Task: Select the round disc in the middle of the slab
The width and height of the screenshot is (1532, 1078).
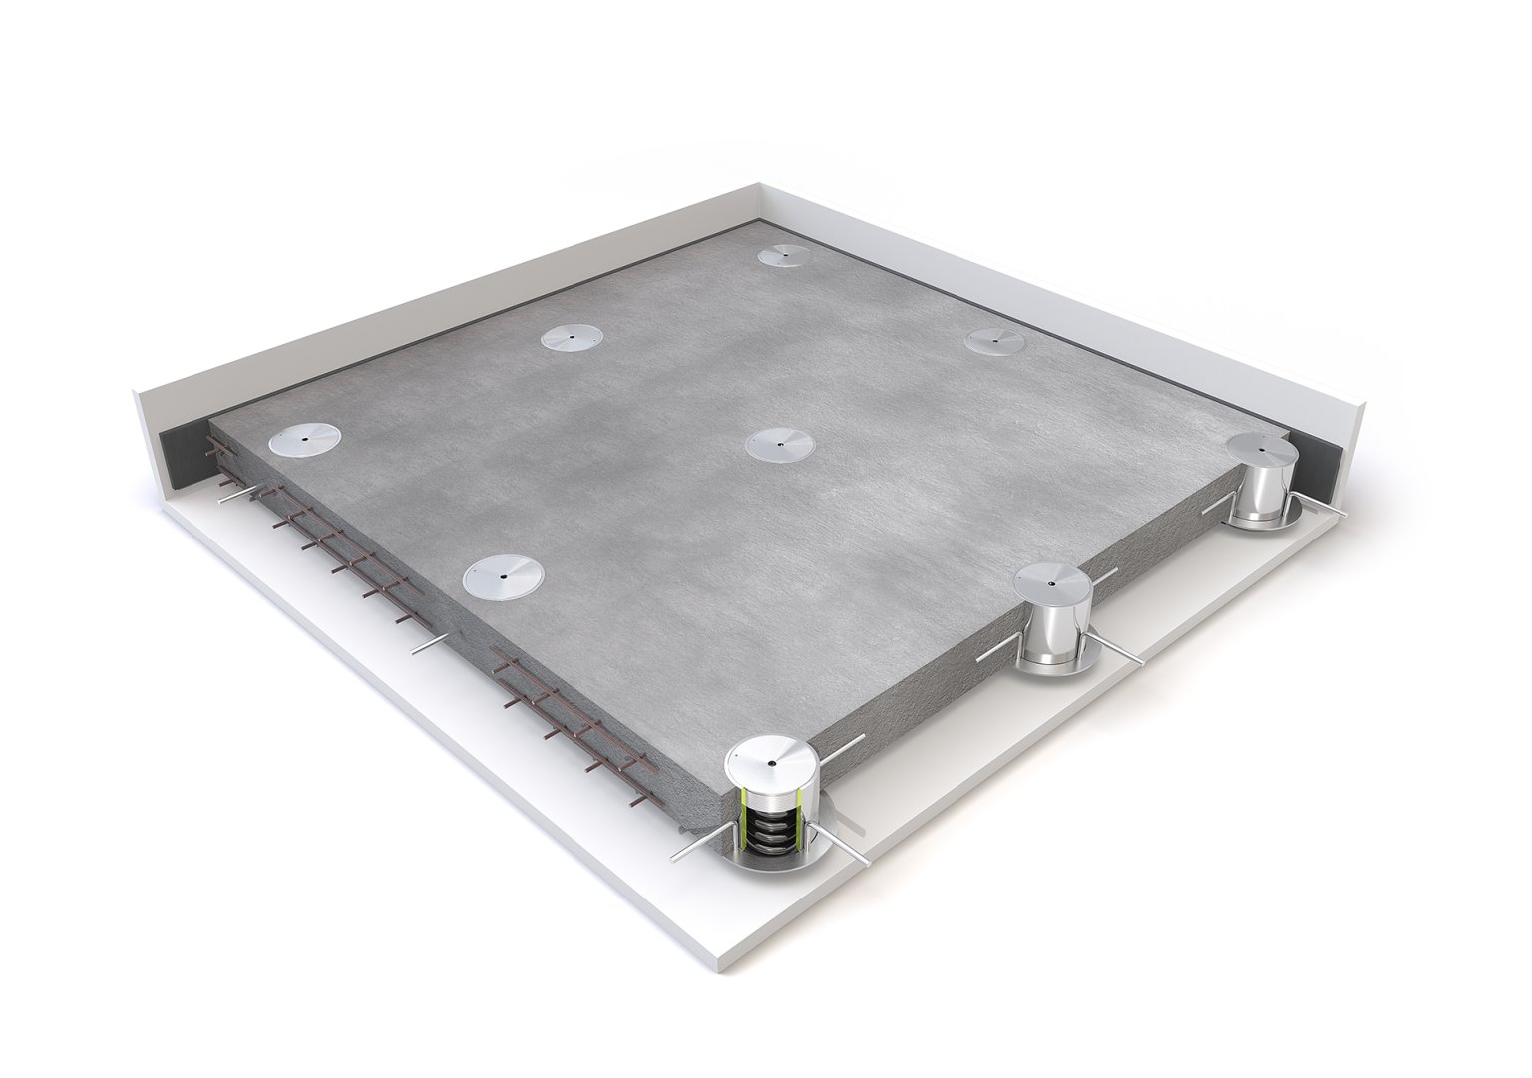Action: tap(781, 443)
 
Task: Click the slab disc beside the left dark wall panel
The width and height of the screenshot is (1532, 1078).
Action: tap(303, 440)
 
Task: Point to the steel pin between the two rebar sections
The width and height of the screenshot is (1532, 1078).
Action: tap(430, 645)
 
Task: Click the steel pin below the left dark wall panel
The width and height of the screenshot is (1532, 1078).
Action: tap(237, 495)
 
